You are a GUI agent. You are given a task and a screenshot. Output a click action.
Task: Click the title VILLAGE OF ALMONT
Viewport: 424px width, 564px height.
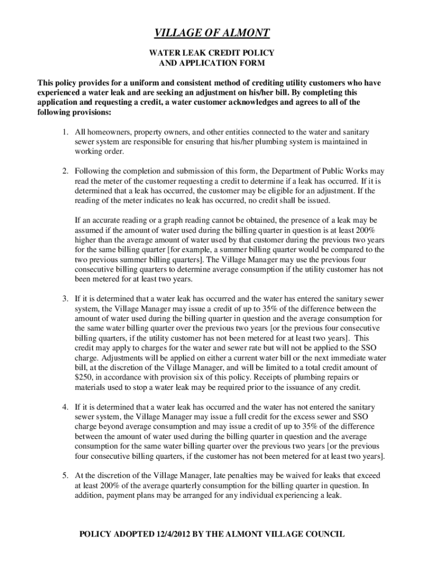coord(212,34)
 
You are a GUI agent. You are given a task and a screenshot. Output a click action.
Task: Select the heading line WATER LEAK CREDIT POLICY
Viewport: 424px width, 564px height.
coord(212,53)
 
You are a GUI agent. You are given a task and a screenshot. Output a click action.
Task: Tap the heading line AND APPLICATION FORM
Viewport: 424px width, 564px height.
coord(212,63)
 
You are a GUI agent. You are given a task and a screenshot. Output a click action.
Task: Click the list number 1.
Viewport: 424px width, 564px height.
coord(64,133)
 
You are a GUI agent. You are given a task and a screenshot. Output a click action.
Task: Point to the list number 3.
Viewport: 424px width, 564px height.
coord(64,299)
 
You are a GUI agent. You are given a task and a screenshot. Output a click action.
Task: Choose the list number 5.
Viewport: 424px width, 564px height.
coord(64,475)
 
